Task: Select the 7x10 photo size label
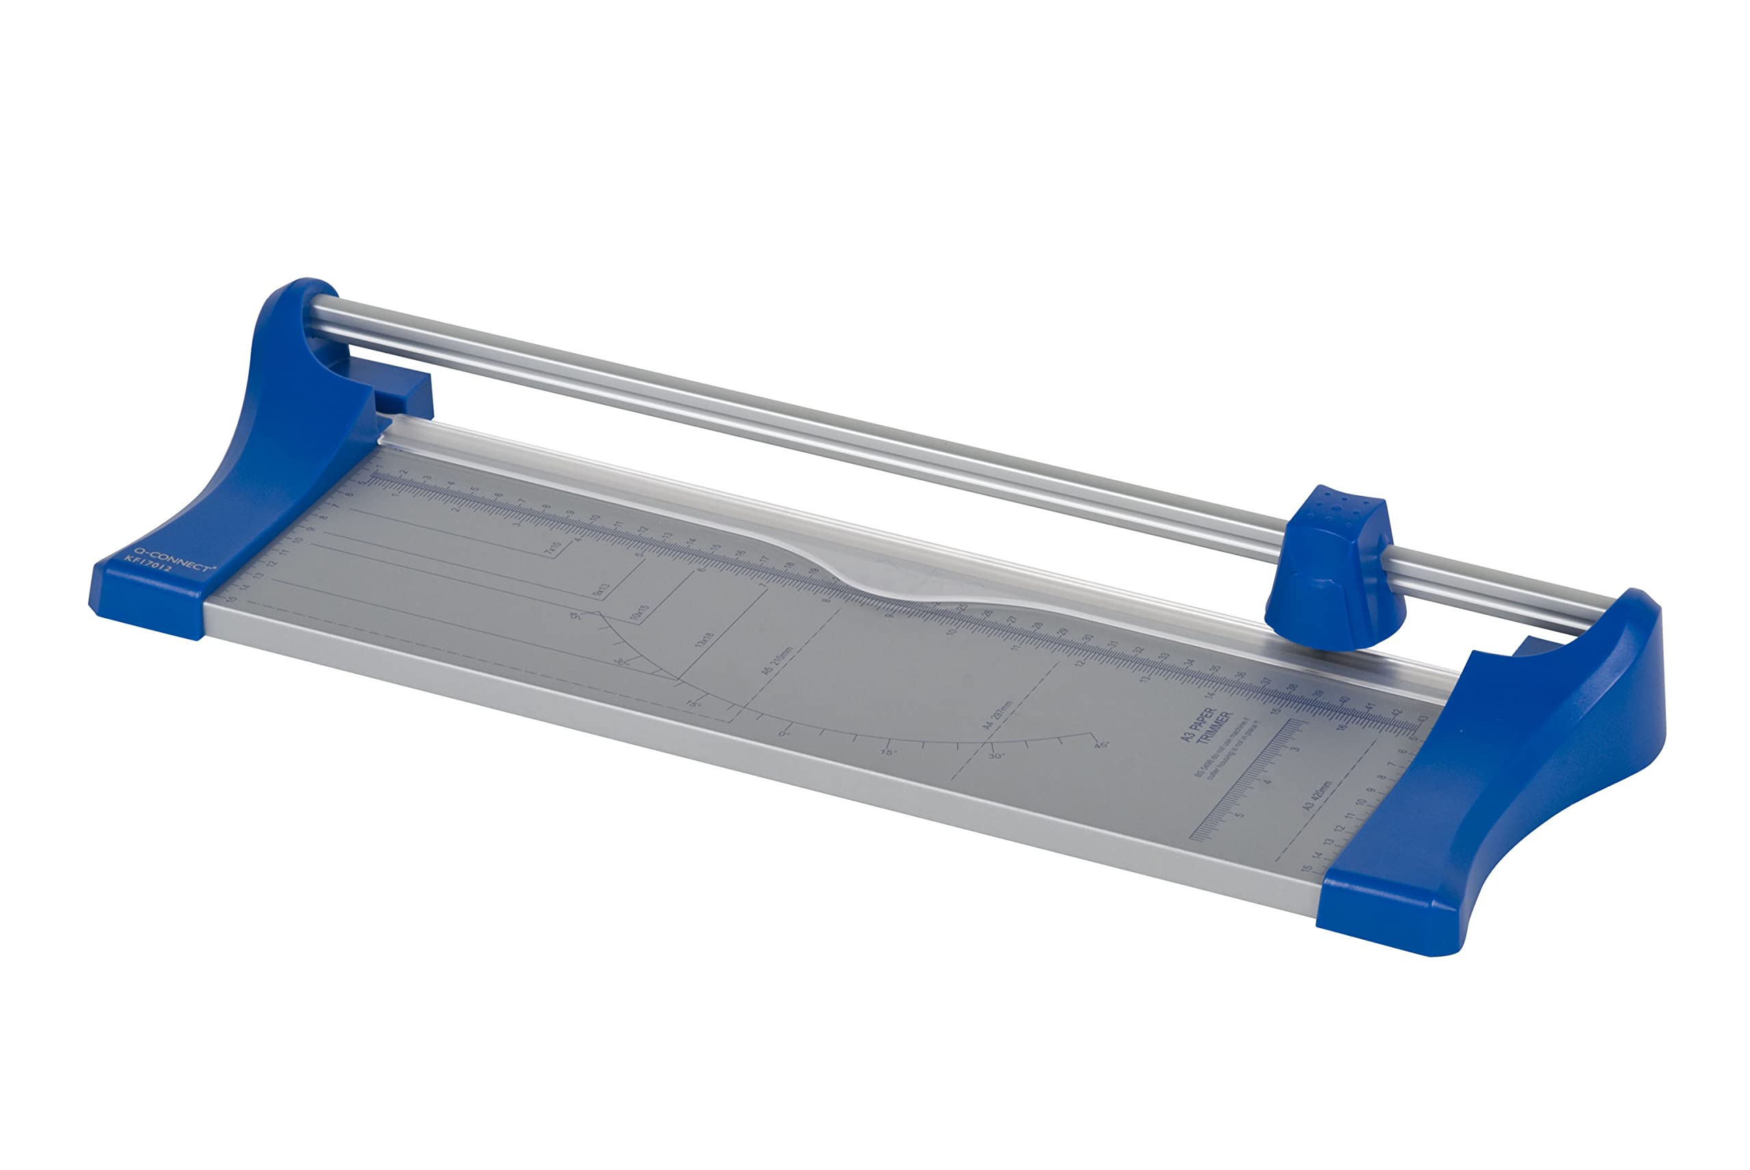pos(552,551)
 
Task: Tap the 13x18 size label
pos(703,643)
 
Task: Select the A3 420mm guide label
pos(1317,796)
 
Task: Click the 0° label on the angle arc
pos(783,734)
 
